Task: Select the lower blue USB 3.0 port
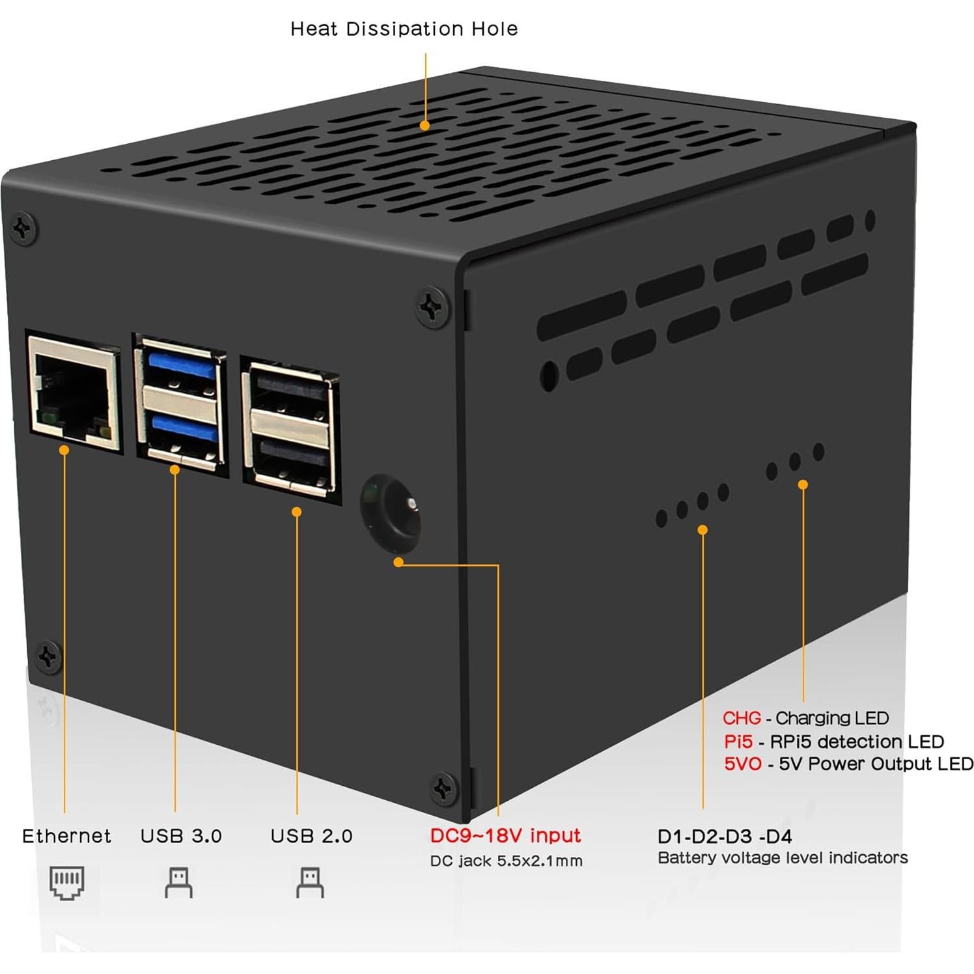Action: (x=181, y=428)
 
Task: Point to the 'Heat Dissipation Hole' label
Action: (x=404, y=29)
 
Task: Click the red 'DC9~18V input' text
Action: (x=505, y=835)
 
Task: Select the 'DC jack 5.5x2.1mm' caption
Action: (x=506, y=861)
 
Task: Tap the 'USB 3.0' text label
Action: (x=181, y=836)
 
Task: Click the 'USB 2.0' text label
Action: (x=311, y=836)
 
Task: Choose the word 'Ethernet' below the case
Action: (x=66, y=836)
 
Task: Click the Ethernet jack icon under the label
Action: (x=67, y=883)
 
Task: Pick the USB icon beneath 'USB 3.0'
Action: (x=178, y=883)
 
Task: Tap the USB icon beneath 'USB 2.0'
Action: (x=310, y=883)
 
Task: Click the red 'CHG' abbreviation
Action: (x=742, y=718)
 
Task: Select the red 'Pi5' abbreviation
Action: (x=738, y=742)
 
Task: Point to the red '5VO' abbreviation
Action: (x=742, y=764)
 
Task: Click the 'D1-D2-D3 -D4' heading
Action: (x=725, y=837)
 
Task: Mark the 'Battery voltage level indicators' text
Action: (x=783, y=858)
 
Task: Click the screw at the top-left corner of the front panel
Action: (x=23, y=229)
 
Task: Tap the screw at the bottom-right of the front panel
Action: (x=444, y=789)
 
